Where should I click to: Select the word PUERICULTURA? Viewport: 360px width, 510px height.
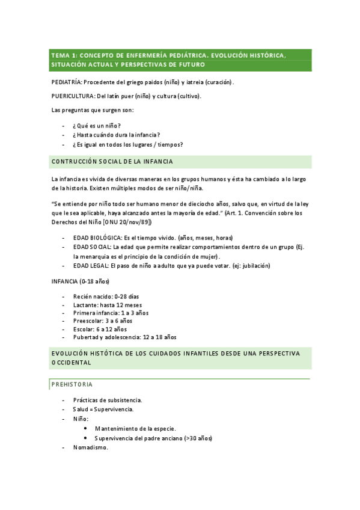[x=72, y=96]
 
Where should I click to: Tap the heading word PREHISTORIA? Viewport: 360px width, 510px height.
[x=72, y=384]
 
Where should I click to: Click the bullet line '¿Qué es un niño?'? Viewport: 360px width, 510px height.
[x=96, y=125]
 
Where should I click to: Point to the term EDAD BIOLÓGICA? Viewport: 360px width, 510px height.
[x=96, y=238]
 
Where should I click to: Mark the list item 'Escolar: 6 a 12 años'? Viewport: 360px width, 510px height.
[x=100, y=329]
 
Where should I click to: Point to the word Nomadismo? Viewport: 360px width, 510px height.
[x=90, y=447]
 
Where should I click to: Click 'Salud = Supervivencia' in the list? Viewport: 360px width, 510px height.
[x=103, y=409]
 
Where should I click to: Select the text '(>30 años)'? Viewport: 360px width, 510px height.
[x=198, y=438]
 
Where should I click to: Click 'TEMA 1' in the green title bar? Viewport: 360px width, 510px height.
[x=64, y=55]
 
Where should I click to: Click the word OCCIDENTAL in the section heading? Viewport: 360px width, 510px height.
[x=71, y=363]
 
